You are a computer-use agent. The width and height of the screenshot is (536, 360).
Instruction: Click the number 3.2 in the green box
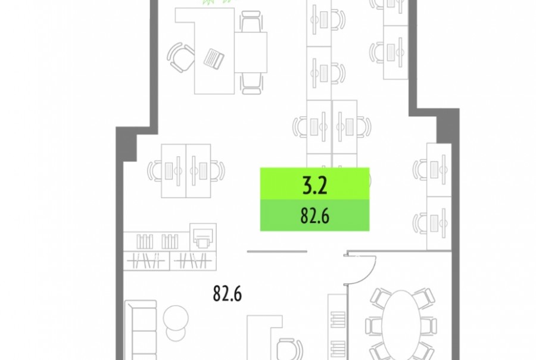coord(315,185)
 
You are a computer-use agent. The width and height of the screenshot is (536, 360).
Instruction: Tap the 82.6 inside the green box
coord(315,216)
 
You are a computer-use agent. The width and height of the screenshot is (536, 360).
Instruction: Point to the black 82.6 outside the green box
coord(228,294)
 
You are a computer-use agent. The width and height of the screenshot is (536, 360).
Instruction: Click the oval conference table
coord(401,325)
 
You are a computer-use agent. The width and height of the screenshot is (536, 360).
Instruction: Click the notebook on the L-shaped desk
coord(214,58)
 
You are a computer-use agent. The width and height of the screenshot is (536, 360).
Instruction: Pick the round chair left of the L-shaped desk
coord(180,57)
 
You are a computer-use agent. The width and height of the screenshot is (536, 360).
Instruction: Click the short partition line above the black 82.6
coord(277,252)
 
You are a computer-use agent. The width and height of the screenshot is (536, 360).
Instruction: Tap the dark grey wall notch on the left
coord(126,144)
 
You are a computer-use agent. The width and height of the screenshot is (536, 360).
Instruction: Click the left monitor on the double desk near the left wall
coord(169,170)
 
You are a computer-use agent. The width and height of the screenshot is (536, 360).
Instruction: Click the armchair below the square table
coord(252,83)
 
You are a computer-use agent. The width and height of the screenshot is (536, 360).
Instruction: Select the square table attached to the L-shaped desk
coord(251,52)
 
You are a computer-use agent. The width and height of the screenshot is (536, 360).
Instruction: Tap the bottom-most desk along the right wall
coord(439,223)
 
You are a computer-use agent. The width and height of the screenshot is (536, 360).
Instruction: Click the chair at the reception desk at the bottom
coord(289,349)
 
